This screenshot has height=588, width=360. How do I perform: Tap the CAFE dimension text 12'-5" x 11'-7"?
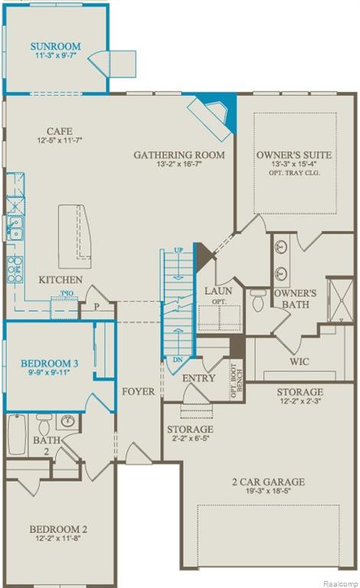(59, 141)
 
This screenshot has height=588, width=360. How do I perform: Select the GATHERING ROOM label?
(179, 155)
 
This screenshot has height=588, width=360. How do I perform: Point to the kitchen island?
(74, 234)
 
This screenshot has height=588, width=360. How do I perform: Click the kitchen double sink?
(14, 226)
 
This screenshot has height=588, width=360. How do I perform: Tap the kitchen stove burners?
(14, 265)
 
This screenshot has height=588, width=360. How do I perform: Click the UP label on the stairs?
(178, 250)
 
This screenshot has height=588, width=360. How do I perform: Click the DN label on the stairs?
(178, 358)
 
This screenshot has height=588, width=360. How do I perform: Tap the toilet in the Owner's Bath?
(257, 302)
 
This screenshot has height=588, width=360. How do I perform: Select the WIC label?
(298, 361)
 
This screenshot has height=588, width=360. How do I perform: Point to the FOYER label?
(138, 391)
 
